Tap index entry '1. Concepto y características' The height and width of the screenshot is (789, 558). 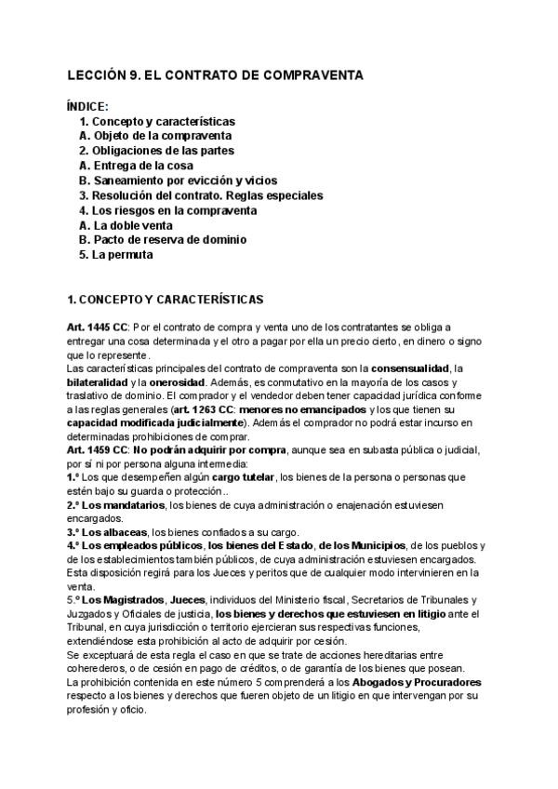(157, 121)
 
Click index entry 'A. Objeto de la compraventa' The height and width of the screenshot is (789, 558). (155, 136)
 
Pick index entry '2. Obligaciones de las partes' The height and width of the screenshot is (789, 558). (156, 151)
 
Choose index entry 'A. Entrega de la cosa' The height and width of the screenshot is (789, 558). (137, 166)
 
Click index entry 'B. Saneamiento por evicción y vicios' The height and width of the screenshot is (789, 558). (178, 181)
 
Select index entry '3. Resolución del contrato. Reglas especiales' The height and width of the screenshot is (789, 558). (201, 195)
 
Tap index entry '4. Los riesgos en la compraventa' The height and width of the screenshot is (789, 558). (167, 210)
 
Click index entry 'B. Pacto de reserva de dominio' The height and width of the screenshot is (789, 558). (163, 240)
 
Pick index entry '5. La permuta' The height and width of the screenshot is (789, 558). (116, 255)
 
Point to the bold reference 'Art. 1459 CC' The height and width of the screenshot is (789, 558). (98, 448)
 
